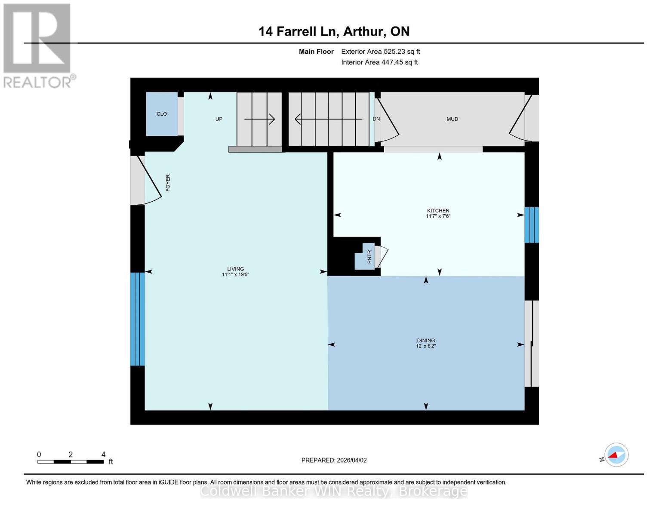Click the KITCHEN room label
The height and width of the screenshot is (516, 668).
[x=438, y=211]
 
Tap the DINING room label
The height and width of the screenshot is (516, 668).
[x=425, y=340]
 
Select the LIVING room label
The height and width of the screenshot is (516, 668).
[x=235, y=269]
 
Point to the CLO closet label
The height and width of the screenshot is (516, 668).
[x=162, y=114]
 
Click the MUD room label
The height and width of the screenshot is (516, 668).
[x=452, y=119]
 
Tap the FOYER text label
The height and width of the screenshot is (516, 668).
[x=168, y=183]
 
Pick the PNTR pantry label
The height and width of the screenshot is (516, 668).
[x=369, y=257]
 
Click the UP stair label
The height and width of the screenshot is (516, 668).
[x=219, y=119]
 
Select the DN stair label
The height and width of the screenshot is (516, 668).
[x=376, y=119]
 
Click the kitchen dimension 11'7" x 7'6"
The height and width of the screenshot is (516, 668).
[x=438, y=216]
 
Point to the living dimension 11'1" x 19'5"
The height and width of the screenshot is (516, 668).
[x=235, y=274]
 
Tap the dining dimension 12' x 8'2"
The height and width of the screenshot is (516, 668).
[x=425, y=346]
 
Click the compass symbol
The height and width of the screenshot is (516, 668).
[x=616, y=455]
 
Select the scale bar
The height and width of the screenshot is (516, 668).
[x=71, y=462]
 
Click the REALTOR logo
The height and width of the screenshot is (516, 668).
[x=38, y=45]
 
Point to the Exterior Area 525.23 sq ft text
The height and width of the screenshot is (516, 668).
[x=380, y=52]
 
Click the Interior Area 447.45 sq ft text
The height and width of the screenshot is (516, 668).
[x=379, y=62]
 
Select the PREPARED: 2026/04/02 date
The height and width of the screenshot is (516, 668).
[x=334, y=460]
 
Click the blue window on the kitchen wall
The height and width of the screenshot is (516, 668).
[x=531, y=225]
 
